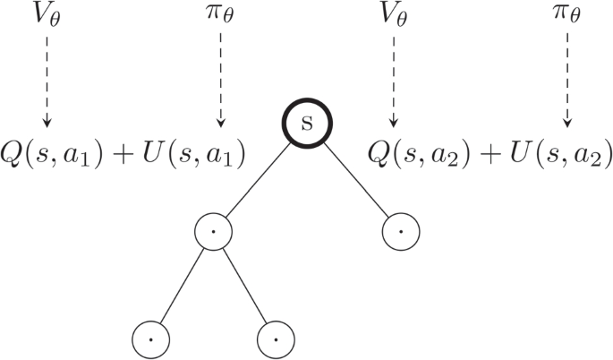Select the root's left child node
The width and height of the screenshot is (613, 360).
coord(213,231)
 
